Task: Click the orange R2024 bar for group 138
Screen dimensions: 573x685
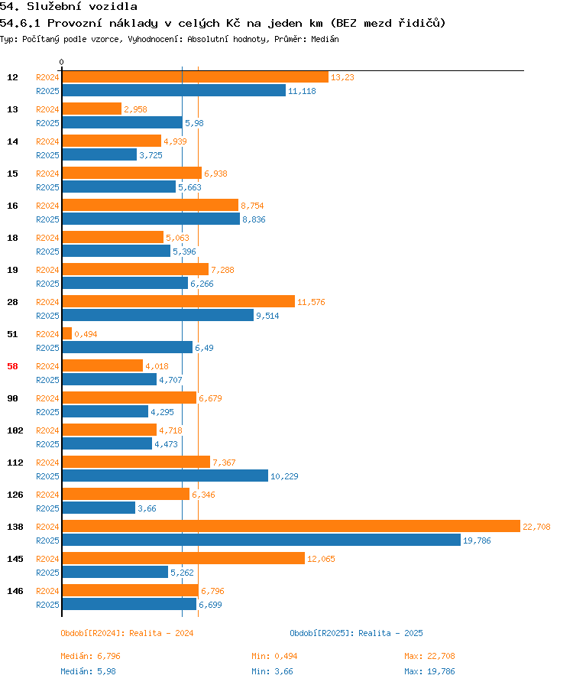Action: coord(291,526)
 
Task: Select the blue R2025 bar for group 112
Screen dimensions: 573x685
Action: coord(165,476)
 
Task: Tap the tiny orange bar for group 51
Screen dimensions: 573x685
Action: coord(66,333)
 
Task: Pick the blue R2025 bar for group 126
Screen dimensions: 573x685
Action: coord(99,508)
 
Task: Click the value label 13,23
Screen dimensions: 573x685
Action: coord(342,77)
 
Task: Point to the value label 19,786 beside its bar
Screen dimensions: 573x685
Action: coord(477,541)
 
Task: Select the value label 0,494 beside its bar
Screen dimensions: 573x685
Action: coord(86,334)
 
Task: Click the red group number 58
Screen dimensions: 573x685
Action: coord(13,366)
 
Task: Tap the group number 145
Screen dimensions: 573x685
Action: coord(15,559)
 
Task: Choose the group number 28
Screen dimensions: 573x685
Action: coord(13,302)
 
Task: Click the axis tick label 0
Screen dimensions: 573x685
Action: coord(62,62)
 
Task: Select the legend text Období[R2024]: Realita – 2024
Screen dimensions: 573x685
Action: coord(127,633)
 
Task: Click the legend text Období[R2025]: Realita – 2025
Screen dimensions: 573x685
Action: coord(356,633)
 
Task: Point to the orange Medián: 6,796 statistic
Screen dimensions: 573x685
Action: coord(90,656)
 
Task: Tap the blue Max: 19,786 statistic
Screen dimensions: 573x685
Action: coord(429,671)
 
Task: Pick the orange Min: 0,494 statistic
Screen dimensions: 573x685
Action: coord(274,656)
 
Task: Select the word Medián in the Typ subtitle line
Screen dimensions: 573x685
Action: coord(325,39)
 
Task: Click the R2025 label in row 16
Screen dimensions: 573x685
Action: coord(47,219)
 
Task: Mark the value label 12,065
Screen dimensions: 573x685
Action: coord(321,559)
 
